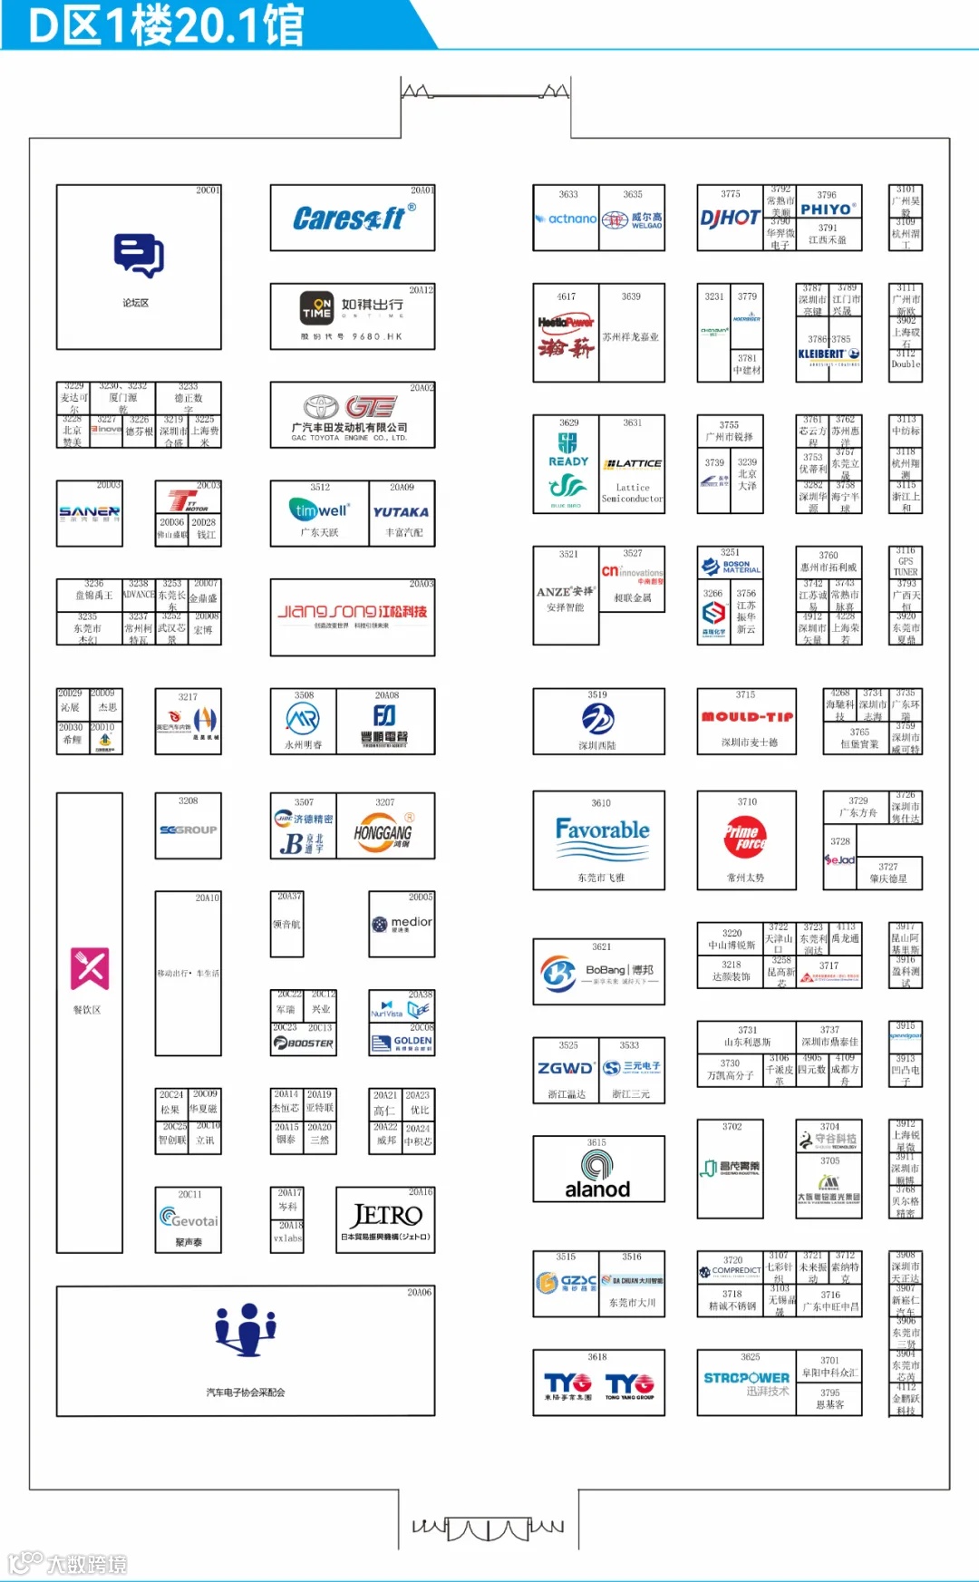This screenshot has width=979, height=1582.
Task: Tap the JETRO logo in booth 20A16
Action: [x=386, y=1215]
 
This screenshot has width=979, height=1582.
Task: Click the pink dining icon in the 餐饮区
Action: [x=90, y=968]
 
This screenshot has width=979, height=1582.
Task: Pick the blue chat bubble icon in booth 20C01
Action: [x=138, y=254]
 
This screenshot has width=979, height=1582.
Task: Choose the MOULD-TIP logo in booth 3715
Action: [x=747, y=716]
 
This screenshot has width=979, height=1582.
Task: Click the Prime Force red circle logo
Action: [x=746, y=837]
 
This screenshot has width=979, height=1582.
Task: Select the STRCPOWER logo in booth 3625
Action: [x=746, y=1378]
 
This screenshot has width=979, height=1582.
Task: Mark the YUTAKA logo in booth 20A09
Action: [x=401, y=511]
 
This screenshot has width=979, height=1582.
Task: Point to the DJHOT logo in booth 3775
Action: [x=730, y=218]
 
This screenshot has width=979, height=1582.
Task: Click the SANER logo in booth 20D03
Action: [x=89, y=512]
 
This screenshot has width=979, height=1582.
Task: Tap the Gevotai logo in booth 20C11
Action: [x=189, y=1218]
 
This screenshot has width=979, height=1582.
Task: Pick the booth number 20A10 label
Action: [x=207, y=898]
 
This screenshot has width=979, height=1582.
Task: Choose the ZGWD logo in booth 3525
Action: [x=566, y=1068]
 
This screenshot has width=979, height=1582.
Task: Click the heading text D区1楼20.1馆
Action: [x=168, y=24]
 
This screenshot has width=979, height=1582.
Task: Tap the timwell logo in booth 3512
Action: [x=319, y=510]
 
